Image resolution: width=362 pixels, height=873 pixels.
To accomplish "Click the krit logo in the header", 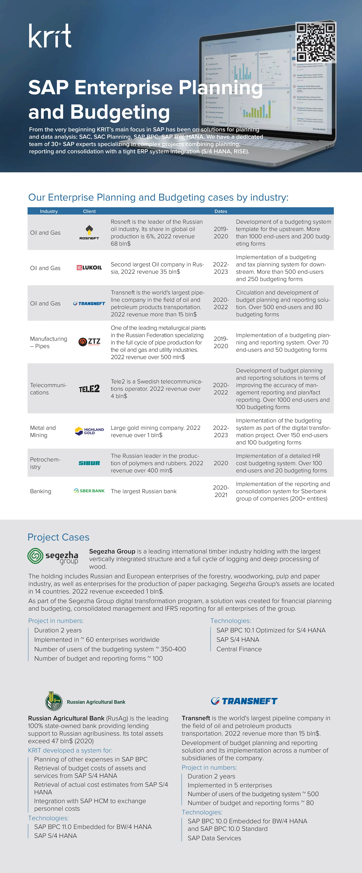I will tap(50, 36).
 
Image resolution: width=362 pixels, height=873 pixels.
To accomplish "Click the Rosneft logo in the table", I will tap(89, 232).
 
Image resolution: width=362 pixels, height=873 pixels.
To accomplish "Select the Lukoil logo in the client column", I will tap(89, 268).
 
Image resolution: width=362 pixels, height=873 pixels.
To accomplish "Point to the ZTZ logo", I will tap(89, 342).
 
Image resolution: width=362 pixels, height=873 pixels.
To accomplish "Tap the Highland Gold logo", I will tap(89, 431).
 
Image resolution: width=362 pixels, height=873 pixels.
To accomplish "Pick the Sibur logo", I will tap(89, 463).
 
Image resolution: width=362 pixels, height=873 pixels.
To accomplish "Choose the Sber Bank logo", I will tap(89, 491).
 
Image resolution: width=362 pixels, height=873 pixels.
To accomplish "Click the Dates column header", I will tap(220, 211).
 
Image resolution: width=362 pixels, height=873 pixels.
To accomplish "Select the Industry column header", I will tap(49, 211).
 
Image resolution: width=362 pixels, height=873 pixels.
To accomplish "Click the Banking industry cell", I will tap(41, 491).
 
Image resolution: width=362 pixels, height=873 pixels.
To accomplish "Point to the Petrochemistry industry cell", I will tap(45, 463).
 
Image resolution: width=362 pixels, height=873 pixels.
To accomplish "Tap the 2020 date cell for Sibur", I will tap(220, 463).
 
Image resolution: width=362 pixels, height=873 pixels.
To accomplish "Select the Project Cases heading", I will tap(59, 537).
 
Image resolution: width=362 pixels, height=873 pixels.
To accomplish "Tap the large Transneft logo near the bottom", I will tap(244, 701).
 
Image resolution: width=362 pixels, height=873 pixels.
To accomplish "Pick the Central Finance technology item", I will tap(239, 649).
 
